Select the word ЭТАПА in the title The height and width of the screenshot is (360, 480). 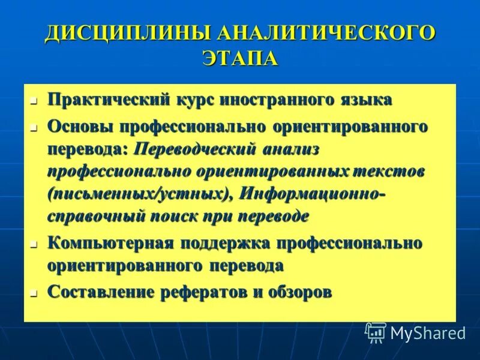pyautogui.click(x=240, y=59)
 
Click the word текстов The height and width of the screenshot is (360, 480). pyautogui.click(x=391, y=171)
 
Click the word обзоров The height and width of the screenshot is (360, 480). pyautogui.click(x=298, y=293)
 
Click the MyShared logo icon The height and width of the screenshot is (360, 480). pyautogui.click(x=376, y=332)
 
